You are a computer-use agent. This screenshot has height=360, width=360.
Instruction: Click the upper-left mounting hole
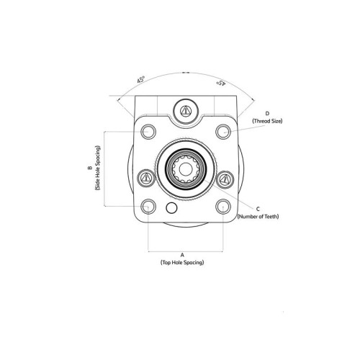(148, 132)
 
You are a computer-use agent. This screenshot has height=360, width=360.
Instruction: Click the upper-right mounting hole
(223, 132)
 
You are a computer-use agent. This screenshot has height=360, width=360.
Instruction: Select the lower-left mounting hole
(148, 207)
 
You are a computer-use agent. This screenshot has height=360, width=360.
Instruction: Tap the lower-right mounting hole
(223, 207)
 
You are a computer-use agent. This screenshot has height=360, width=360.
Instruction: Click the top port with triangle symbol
(186, 111)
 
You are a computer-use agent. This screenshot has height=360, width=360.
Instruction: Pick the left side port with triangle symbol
(145, 178)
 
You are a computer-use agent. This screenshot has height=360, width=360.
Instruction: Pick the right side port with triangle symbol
(225, 179)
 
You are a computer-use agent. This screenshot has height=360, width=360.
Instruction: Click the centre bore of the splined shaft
(185, 169)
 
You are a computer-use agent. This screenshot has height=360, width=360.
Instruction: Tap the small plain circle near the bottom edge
(171, 208)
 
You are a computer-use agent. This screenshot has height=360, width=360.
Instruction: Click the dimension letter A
(182, 255)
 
